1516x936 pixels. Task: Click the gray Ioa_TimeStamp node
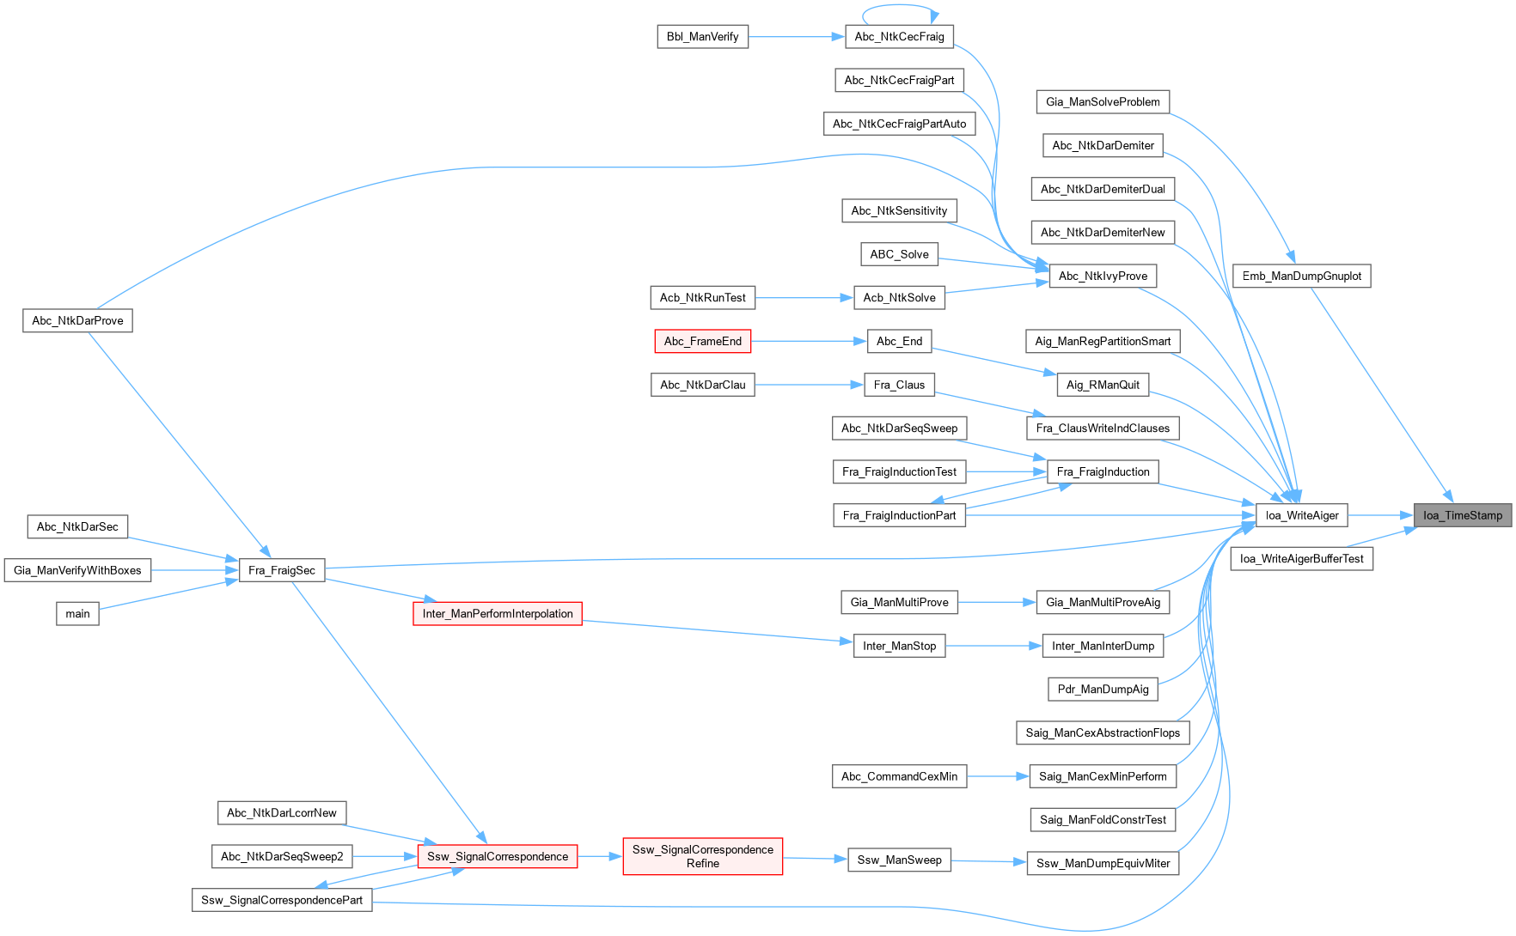(1462, 515)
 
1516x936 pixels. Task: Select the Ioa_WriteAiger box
(1302, 515)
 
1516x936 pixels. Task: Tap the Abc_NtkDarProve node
(77, 320)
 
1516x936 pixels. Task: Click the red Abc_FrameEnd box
(702, 341)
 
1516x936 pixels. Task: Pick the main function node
(77, 613)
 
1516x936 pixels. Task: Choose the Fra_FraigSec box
(281, 570)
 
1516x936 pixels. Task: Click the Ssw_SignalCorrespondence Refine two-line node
(702, 856)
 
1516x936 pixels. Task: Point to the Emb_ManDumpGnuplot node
(1301, 276)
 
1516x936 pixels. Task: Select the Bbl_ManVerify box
(702, 37)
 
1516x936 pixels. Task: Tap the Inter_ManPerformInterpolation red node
(497, 613)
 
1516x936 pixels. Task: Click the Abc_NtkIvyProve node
(1103, 276)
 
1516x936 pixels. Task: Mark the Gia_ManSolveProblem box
(1103, 101)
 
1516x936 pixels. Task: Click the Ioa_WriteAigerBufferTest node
(1301, 558)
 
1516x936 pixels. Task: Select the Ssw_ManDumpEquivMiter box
(1103, 863)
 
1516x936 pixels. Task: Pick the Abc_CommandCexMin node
(899, 776)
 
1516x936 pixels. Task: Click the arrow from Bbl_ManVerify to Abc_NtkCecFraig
(796, 37)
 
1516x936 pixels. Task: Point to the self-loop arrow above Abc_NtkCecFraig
(900, 7)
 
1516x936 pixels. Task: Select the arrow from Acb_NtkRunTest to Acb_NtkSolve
(804, 298)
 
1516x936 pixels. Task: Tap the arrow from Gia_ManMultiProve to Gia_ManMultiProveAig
(997, 602)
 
